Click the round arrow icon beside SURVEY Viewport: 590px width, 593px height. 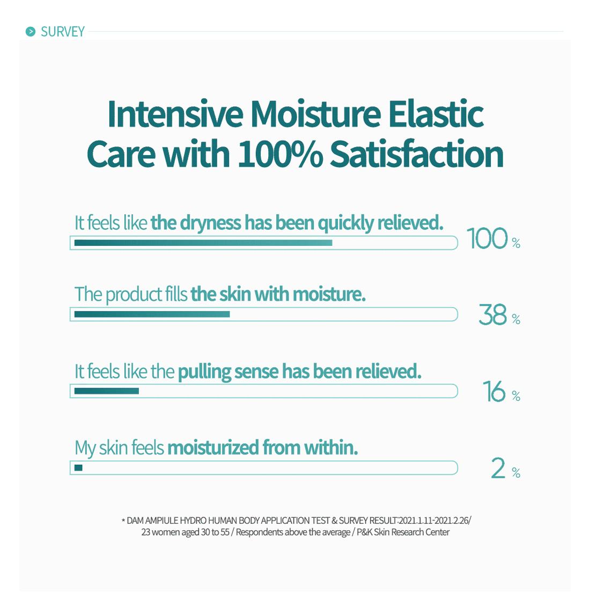point(30,31)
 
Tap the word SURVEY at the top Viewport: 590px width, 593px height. point(63,32)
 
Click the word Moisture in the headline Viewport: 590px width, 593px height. point(315,114)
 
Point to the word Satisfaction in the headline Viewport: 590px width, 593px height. point(417,153)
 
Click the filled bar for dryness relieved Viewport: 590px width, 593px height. point(203,243)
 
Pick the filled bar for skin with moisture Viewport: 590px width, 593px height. point(152,314)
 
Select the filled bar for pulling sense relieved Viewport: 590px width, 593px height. point(107,391)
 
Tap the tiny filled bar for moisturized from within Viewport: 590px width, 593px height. point(78,468)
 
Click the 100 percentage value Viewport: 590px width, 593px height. point(487,238)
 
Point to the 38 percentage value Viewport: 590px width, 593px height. point(492,314)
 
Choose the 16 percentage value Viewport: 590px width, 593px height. point(495,391)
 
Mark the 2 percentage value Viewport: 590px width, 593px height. point(498,468)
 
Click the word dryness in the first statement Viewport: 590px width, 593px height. point(211,223)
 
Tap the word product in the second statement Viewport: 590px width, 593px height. point(134,295)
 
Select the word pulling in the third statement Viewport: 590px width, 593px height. point(204,372)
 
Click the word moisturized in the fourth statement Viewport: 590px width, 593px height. point(213,448)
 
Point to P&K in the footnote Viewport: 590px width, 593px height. point(364,532)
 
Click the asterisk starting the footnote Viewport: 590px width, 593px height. point(123,521)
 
